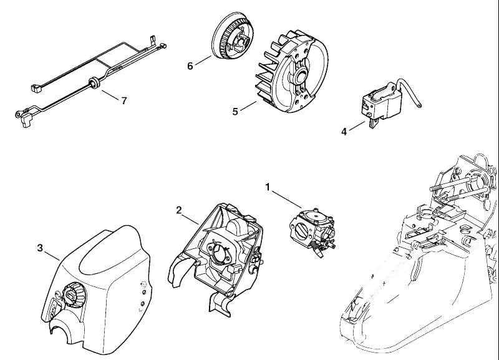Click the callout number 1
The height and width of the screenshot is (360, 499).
[268, 187]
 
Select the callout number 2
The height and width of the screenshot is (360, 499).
[179, 210]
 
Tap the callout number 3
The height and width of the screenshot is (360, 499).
[40, 248]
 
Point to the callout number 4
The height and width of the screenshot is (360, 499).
[344, 132]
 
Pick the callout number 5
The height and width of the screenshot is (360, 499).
[235, 112]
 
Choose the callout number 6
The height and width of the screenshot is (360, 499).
[190, 66]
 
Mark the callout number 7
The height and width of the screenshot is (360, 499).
[124, 100]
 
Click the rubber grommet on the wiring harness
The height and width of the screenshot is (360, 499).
[94, 82]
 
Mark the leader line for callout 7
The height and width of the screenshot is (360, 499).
[110, 94]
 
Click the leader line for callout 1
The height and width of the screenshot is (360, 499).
[286, 199]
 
